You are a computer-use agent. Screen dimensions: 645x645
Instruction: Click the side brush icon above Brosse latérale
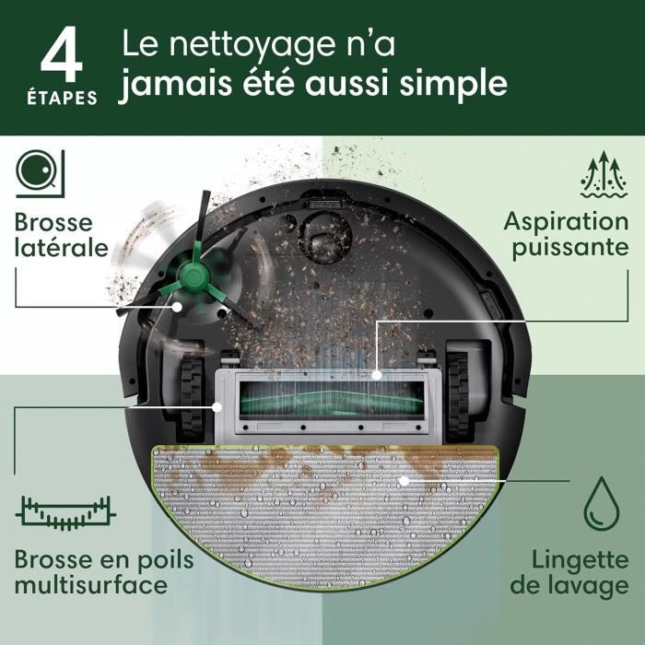(39, 172)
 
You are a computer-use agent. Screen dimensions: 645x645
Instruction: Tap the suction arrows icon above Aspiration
(604, 174)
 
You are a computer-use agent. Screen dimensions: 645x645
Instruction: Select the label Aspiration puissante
(565, 235)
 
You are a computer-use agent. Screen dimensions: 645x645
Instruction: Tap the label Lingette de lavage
(580, 572)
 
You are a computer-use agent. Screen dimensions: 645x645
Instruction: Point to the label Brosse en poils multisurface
(90, 571)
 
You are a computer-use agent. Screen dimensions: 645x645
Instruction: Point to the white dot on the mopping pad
(403, 480)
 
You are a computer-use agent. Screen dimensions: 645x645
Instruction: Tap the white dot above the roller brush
(378, 375)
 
